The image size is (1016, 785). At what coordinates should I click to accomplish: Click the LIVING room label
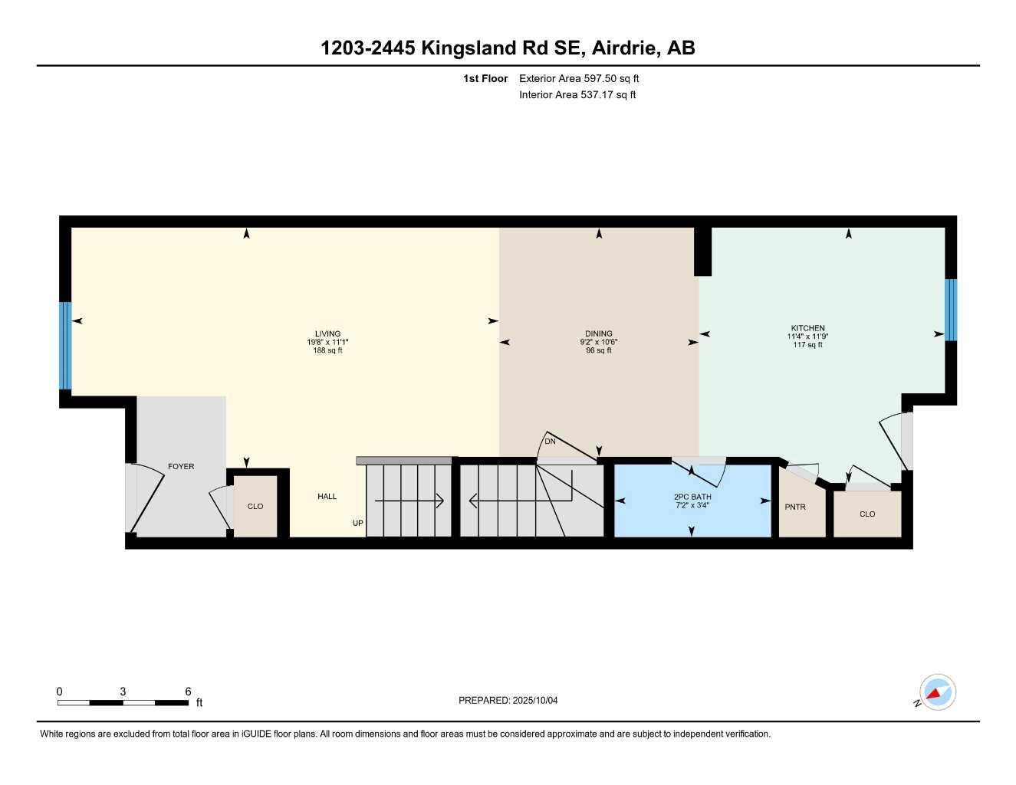click(x=327, y=334)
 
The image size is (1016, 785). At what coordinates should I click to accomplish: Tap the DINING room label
click(x=598, y=334)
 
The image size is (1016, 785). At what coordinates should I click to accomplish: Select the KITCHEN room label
click(x=807, y=328)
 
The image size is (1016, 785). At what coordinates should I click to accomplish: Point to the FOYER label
click(x=181, y=467)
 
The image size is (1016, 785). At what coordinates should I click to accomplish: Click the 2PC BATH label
click(x=692, y=497)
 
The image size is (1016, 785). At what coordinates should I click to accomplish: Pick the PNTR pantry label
click(x=795, y=507)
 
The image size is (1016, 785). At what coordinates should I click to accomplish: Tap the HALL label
click(x=327, y=497)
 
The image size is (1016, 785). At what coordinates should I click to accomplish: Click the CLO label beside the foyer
click(x=255, y=507)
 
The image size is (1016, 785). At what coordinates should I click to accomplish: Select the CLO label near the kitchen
click(x=867, y=514)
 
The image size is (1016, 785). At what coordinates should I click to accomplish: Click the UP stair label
click(x=357, y=524)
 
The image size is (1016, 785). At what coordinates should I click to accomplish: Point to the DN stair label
click(x=550, y=442)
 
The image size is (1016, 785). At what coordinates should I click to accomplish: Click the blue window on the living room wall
click(x=65, y=345)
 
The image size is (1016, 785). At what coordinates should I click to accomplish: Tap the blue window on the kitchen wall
click(x=951, y=310)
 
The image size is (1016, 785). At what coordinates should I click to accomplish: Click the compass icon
click(x=937, y=692)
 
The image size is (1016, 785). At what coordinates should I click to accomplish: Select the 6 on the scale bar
click(x=188, y=691)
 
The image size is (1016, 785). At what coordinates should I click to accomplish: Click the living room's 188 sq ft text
click(x=327, y=351)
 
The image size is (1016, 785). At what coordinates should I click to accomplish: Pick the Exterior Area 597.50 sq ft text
click(x=579, y=78)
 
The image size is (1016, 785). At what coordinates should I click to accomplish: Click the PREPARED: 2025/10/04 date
click(x=508, y=701)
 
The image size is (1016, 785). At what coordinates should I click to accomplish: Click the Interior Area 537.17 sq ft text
click(x=577, y=95)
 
